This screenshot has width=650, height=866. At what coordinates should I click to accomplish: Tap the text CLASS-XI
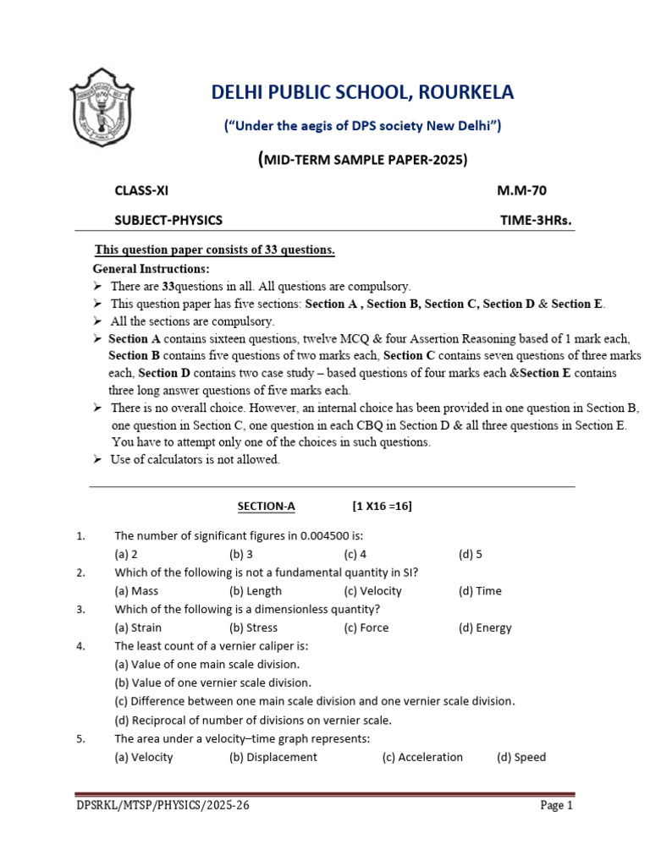pyautogui.click(x=147, y=191)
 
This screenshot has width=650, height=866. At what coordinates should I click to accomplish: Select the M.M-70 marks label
pyautogui.click(x=527, y=191)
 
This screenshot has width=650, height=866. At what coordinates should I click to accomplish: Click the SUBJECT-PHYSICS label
pyautogui.click(x=168, y=220)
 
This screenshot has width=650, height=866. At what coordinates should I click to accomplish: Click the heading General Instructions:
pyautogui.click(x=151, y=269)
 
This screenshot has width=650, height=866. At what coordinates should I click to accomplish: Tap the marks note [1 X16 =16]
pyautogui.click(x=382, y=506)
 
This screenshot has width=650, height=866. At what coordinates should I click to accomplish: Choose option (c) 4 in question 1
pyautogui.click(x=355, y=554)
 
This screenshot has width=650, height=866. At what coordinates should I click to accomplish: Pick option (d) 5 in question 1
pyautogui.click(x=470, y=554)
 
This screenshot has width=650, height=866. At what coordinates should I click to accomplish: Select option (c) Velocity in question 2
pyautogui.click(x=372, y=591)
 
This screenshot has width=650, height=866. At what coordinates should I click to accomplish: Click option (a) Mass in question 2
pyautogui.click(x=136, y=591)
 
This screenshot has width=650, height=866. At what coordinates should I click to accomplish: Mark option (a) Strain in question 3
pyautogui.click(x=138, y=628)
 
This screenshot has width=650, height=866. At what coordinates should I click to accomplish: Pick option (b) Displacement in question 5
pyautogui.click(x=273, y=757)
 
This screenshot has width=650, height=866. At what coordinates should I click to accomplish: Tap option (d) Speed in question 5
pyautogui.click(x=521, y=757)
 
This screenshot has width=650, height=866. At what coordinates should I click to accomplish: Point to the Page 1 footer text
pyautogui.click(x=557, y=806)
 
